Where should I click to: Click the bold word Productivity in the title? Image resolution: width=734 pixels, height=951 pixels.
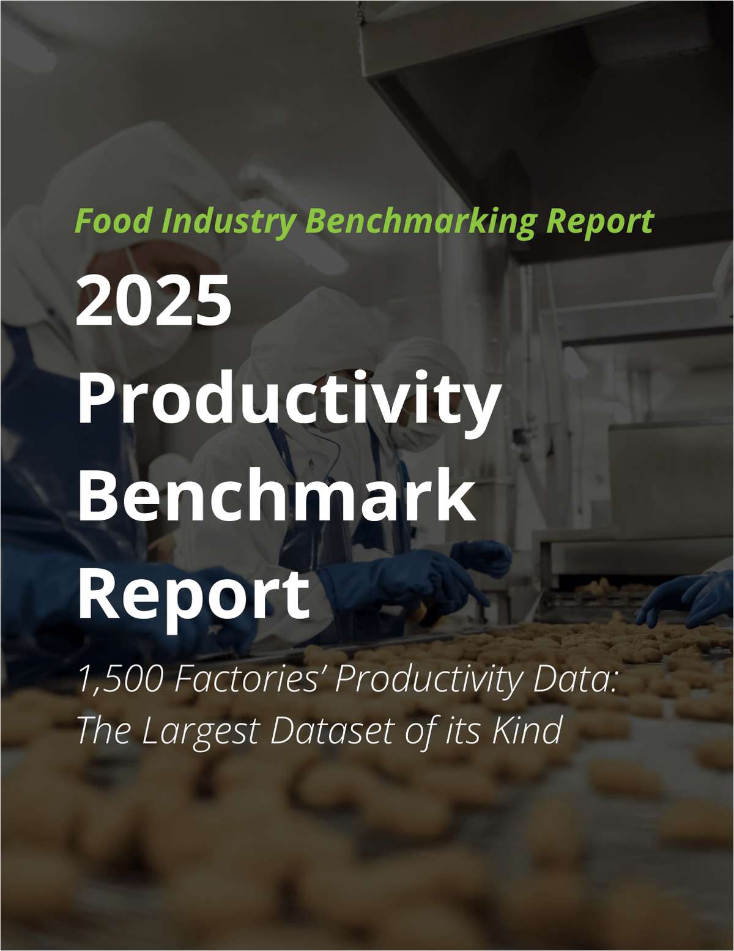coord(286,400)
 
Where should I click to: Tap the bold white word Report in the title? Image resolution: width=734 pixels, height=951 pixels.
coord(193,591)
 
